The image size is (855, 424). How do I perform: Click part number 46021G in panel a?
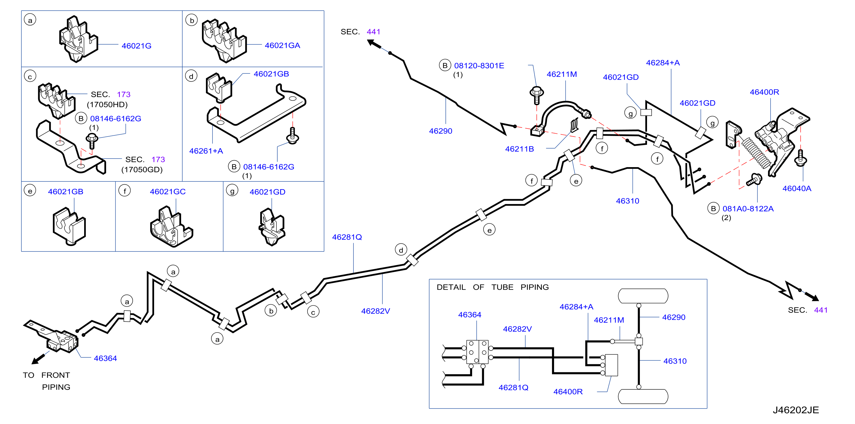[x=136, y=46]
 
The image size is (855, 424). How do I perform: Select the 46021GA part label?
[x=282, y=45]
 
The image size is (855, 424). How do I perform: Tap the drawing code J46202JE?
[x=796, y=410]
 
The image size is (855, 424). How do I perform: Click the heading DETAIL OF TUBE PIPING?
[x=493, y=287]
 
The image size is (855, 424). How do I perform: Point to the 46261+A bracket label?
[x=206, y=151]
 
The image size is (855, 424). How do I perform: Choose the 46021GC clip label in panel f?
[x=168, y=192]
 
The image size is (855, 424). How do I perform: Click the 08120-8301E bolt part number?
[x=479, y=66]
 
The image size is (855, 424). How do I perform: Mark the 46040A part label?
[x=797, y=188]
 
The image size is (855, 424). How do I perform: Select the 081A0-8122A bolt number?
[x=748, y=209]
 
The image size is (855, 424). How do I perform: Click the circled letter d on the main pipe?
[x=401, y=250]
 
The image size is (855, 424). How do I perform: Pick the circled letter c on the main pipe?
[x=313, y=312]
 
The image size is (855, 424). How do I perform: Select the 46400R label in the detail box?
[x=568, y=392]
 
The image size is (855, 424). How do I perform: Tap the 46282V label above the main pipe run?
[x=375, y=311]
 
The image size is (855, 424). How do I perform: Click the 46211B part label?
[x=520, y=149]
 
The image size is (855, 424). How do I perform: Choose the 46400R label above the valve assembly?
[x=764, y=92]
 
